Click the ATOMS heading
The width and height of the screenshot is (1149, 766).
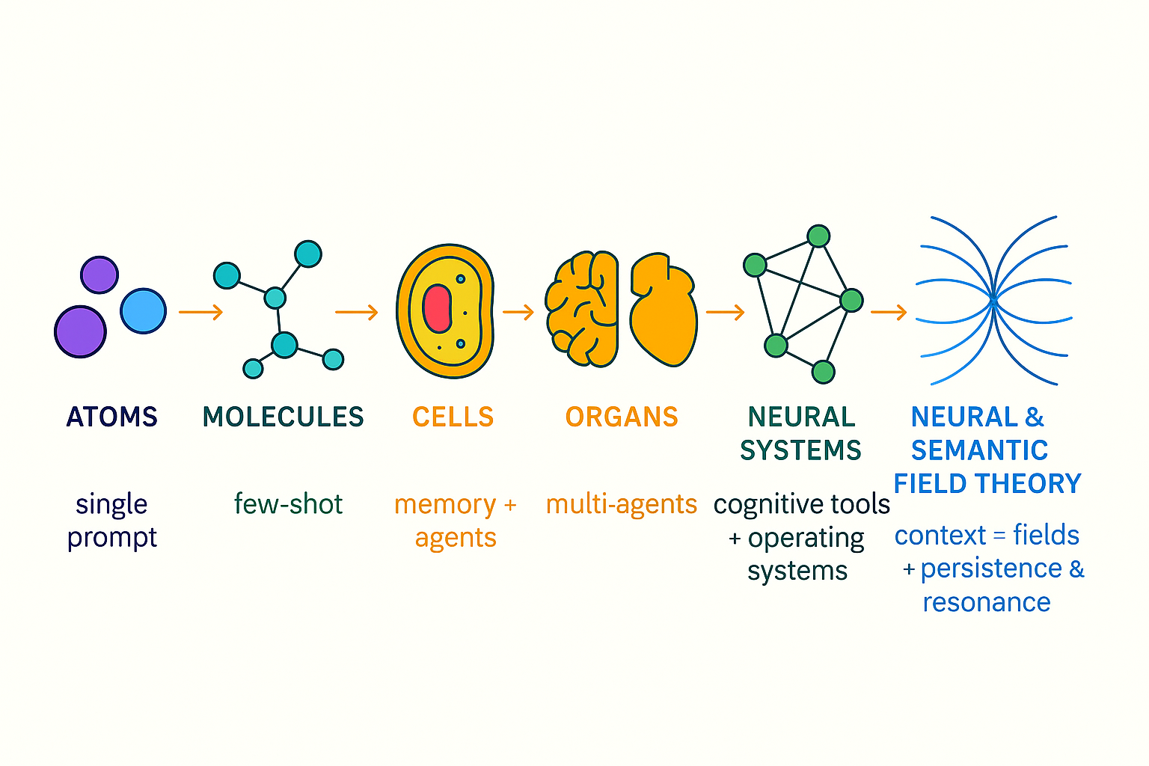click(112, 417)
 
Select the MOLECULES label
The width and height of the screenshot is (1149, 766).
click(283, 417)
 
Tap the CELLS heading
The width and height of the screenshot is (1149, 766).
click(453, 417)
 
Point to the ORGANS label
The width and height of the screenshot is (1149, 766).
click(621, 417)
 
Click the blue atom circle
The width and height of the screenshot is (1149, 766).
click(143, 310)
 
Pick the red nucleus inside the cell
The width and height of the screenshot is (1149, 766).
click(437, 308)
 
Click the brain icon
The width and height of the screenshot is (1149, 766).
click(582, 308)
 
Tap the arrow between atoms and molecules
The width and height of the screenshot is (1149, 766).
click(200, 312)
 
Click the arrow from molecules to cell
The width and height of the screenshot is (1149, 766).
click(356, 312)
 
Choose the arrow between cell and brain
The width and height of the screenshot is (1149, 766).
click(518, 312)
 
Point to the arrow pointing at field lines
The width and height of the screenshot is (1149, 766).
click(889, 312)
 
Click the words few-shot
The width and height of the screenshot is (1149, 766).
click(288, 504)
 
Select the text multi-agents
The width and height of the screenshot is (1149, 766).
click(621, 504)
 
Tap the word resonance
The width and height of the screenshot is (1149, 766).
click(986, 602)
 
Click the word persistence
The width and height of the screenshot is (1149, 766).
click(990, 569)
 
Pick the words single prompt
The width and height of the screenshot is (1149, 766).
click(111, 521)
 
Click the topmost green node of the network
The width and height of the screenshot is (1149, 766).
click(819, 236)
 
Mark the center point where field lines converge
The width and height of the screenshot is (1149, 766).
click(993, 299)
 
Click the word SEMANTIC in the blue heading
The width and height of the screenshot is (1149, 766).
click(979, 450)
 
